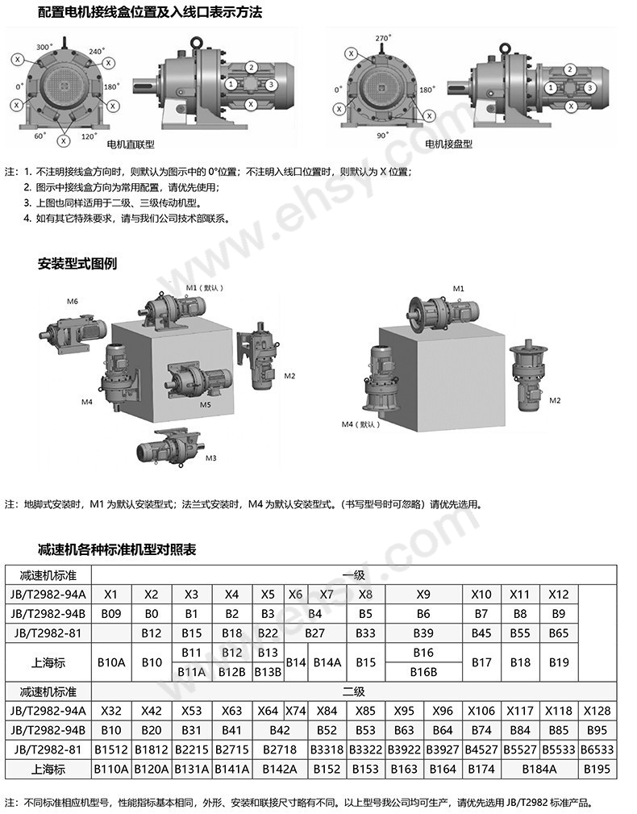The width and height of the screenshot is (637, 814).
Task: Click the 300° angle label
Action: tap(44, 48)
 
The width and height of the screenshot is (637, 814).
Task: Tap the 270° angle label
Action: tap(383, 38)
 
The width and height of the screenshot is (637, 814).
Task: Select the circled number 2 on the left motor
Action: tap(252, 68)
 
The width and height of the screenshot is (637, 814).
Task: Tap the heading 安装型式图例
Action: tap(77, 264)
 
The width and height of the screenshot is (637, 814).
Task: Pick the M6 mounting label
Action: tap(73, 301)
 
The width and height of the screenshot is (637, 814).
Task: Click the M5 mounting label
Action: tap(206, 404)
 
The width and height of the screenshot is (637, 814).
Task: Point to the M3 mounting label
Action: tap(211, 458)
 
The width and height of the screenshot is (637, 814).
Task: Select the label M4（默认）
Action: tap(360, 424)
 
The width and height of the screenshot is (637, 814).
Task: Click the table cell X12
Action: tap(559, 595)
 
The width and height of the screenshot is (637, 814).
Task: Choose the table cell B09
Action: tap(111, 614)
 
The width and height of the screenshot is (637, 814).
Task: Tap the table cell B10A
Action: tap(111, 662)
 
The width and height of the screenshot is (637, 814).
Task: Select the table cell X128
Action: tap(597, 711)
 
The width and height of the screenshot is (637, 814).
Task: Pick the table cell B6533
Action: tap(597, 749)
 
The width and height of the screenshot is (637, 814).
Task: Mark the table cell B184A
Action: tap(539, 769)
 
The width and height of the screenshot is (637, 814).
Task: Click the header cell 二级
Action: tap(354, 691)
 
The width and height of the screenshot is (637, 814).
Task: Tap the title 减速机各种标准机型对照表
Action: tap(117, 550)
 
